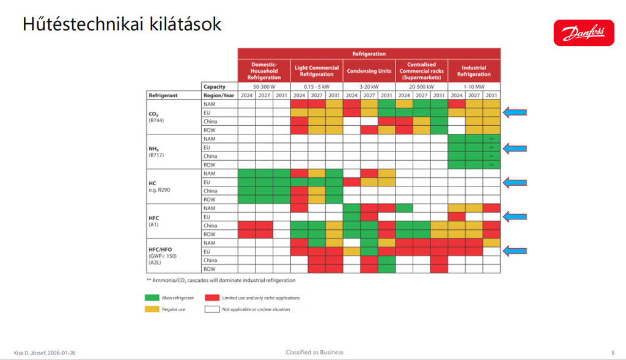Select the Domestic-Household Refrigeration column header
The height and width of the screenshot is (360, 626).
(x=264, y=71)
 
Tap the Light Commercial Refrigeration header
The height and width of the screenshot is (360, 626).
(x=316, y=71)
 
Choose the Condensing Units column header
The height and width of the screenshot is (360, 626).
(x=369, y=71)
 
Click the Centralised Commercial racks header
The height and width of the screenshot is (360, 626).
(x=421, y=71)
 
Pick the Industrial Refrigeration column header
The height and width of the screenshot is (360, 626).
(x=474, y=71)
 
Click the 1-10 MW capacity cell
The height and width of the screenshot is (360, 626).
(x=474, y=87)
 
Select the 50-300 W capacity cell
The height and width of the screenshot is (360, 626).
(x=264, y=87)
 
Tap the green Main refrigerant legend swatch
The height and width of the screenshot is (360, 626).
(x=152, y=298)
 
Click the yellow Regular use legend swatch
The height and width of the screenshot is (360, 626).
(x=152, y=309)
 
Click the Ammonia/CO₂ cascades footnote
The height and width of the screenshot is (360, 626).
(x=220, y=280)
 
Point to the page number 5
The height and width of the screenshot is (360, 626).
(x=613, y=353)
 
